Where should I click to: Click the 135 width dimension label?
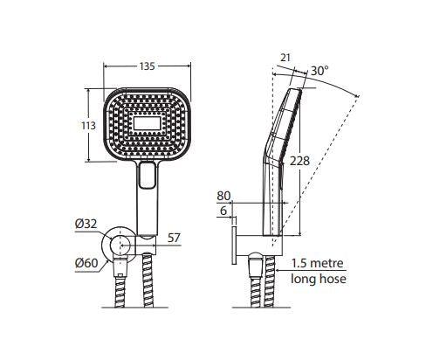tap(147, 66)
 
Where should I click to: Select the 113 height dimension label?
tap(88, 126)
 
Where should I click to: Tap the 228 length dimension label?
tap(299, 161)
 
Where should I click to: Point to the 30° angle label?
tap(319, 71)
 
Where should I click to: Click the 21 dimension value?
tap(285, 58)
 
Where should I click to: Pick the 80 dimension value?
tap(223, 196)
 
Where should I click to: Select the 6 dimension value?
tap(223, 211)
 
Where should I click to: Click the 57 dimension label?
tap(174, 238)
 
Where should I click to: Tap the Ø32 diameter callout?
tap(86, 224)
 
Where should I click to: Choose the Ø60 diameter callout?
tap(86, 263)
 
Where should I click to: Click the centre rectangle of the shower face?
tap(147, 123)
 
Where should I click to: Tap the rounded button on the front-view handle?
tap(147, 175)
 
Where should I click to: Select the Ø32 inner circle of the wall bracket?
tap(120, 246)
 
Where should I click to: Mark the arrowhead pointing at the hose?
tap(279, 270)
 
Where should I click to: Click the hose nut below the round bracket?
tap(120, 267)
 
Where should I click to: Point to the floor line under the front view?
tap(134, 308)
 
